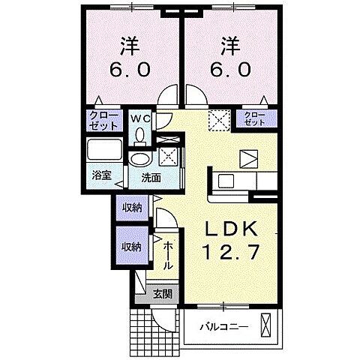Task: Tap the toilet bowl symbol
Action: (x=140, y=135)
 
